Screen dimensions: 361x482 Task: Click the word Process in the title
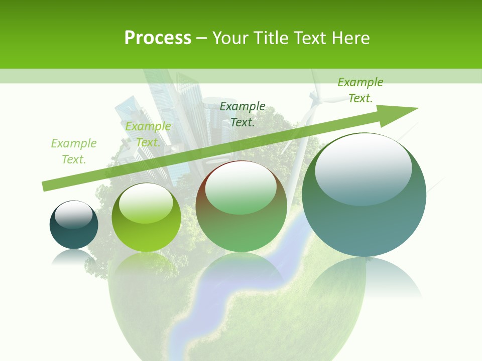[158, 38]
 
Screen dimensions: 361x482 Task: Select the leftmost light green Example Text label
[74, 151]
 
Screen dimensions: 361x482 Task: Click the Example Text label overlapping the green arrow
[148, 134]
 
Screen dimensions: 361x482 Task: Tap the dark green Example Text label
[243, 114]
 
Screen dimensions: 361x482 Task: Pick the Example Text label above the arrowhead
[360, 90]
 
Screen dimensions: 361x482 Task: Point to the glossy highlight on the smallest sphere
[73, 215]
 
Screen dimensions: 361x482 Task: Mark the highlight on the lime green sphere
[146, 203]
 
